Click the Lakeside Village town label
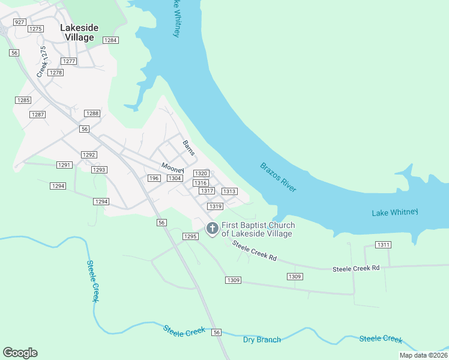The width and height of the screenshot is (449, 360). coord(77,32)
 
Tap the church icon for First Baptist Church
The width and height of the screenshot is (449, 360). coord(212,229)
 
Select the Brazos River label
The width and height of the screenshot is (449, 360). coord(279,177)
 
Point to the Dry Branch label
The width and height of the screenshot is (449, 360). coord(262,340)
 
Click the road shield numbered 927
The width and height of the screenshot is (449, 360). coord(20,22)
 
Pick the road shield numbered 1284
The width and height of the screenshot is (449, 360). coord(110,40)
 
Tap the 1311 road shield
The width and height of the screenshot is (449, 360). coord(383,245)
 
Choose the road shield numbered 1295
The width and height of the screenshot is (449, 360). coord(190,236)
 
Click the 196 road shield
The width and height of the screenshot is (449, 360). coord(154,178)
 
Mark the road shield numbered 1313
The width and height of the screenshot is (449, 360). coord(229,191)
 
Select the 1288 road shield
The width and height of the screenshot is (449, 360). coord(92,113)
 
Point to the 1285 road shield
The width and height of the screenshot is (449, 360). coord(23,100)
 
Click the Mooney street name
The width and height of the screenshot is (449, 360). coord(172,167)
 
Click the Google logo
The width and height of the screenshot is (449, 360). coord(20,353)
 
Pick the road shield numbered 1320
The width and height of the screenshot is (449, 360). coord(200,173)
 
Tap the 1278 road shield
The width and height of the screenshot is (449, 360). coord(56,73)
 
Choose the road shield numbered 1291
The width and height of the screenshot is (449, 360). coord(64,165)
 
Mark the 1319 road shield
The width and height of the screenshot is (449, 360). coord(216,206)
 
